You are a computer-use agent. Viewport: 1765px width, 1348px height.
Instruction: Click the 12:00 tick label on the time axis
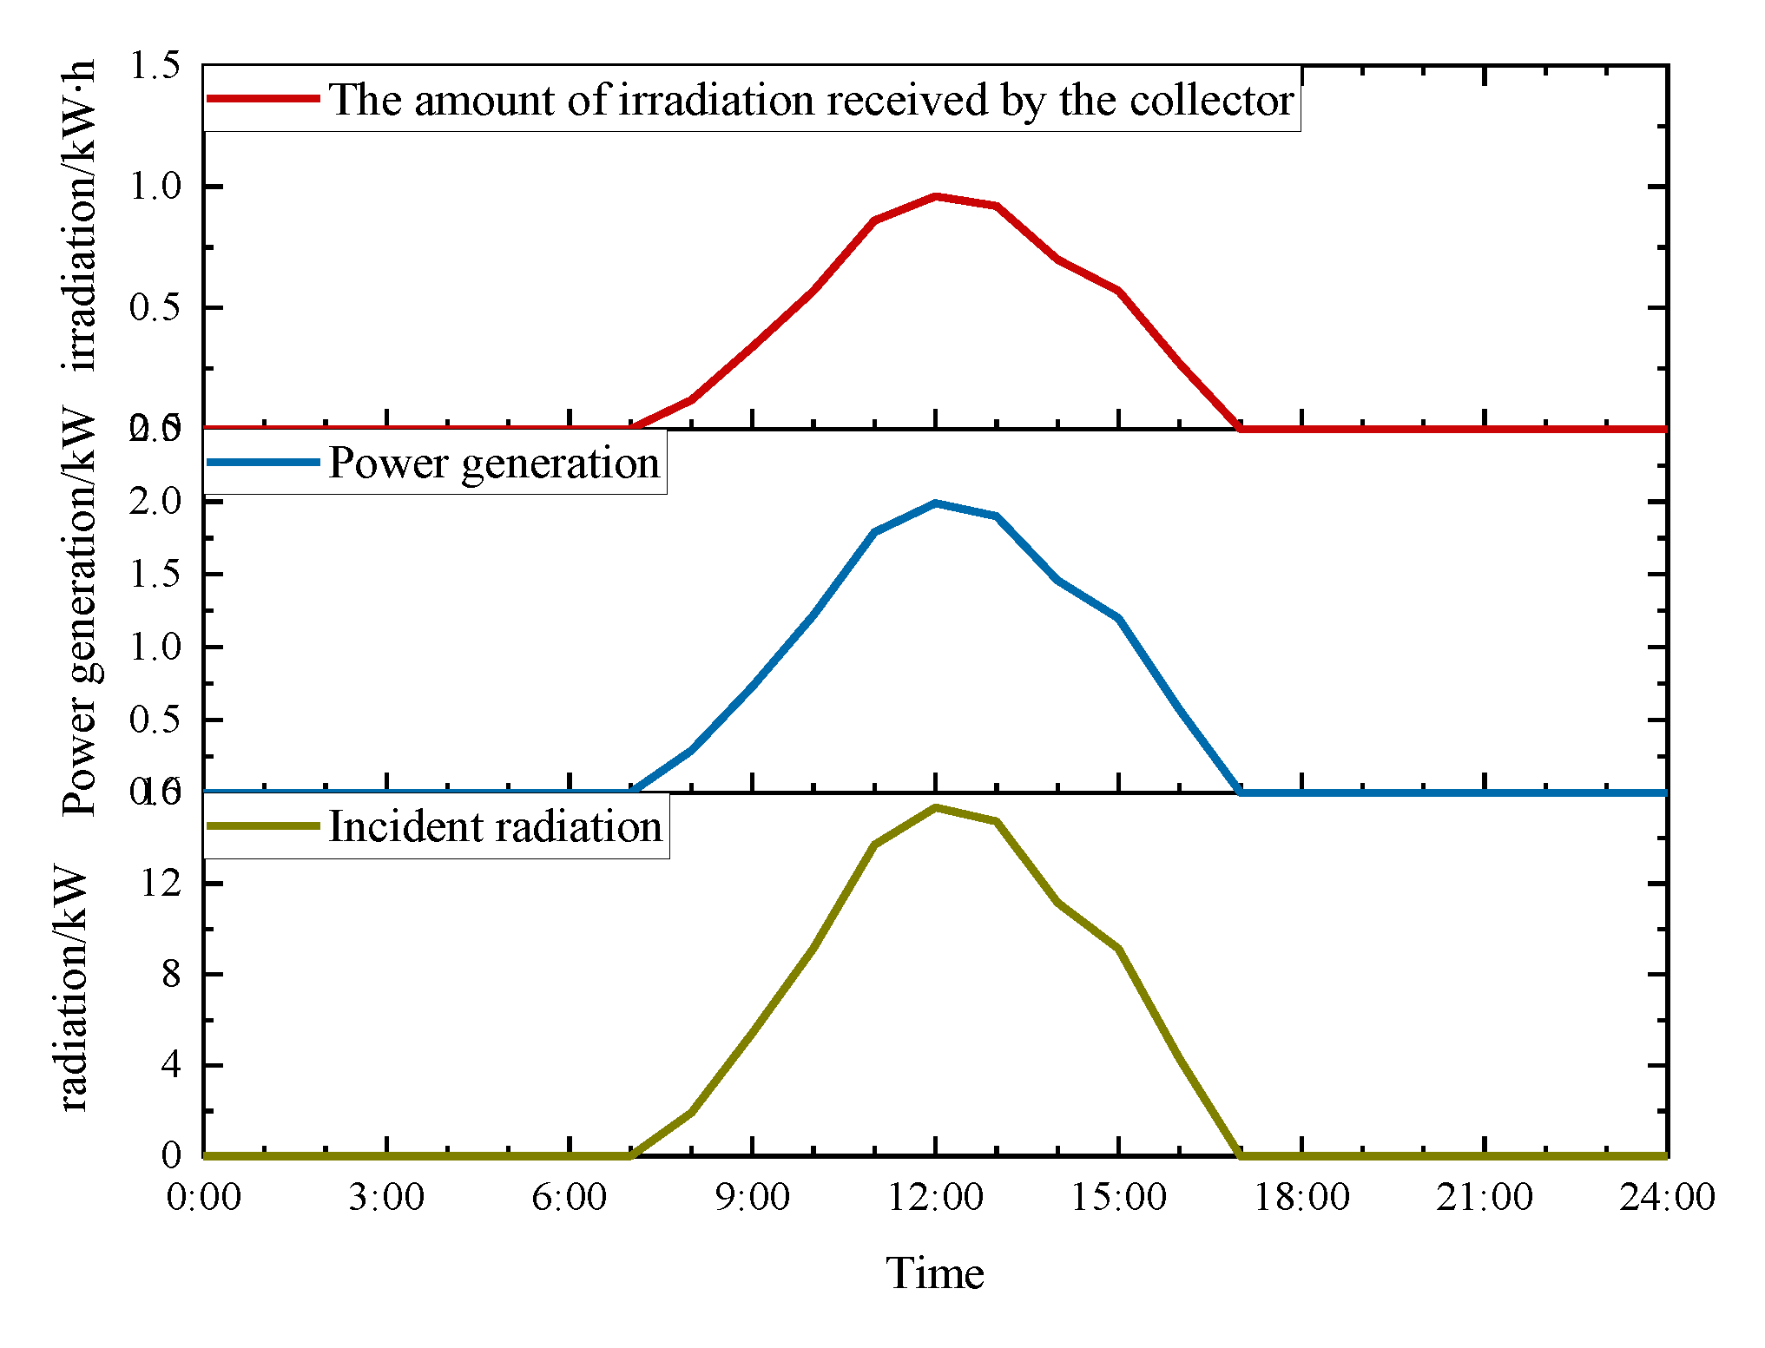click(x=935, y=1198)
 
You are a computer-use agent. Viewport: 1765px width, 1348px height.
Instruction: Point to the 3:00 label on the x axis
click(x=386, y=1198)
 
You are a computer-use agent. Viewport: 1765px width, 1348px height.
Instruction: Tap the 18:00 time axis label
click(x=1302, y=1198)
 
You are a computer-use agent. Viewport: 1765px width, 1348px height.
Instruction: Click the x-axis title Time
click(x=935, y=1273)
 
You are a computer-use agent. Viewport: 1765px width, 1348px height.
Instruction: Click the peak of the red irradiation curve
click(x=936, y=196)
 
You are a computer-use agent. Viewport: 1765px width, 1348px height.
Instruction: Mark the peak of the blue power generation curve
click(x=936, y=503)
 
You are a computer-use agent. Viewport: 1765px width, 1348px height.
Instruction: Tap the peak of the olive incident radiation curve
click(x=936, y=807)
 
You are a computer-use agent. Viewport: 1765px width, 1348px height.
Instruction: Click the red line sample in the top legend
click(x=263, y=99)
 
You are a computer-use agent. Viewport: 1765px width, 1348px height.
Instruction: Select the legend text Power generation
click(x=494, y=463)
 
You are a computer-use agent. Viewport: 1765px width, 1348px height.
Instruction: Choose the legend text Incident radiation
click(x=496, y=826)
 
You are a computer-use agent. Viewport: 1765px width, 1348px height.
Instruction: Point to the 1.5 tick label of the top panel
click(x=155, y=65)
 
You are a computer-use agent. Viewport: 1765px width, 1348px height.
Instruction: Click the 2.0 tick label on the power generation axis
click(x=155, y=502)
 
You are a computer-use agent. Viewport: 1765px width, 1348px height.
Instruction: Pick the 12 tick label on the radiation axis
click(x=161, y=884)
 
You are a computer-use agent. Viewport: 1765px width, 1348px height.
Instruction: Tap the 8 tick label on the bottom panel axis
click(x=171, y=974)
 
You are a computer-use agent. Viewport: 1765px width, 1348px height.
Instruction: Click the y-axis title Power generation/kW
click(x=80, y=612)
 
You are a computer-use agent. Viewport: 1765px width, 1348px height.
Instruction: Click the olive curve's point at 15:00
click(x=1118, y=949)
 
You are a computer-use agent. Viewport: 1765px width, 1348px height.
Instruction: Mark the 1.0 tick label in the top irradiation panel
click(x=155, y=187)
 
